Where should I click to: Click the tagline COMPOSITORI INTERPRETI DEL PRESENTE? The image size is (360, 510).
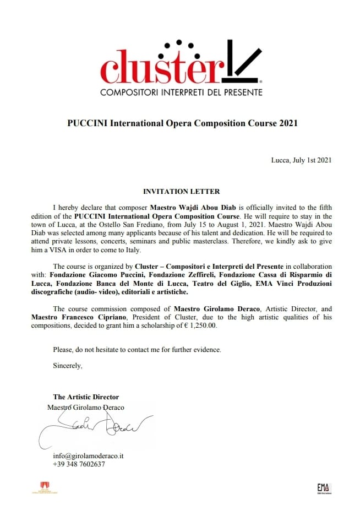[x=181, y=93]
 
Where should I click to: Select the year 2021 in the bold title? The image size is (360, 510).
[x=286, y=123]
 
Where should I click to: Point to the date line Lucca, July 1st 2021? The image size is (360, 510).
[x=301, y=160]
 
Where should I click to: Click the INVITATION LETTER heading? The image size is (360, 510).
[x=181, y=192]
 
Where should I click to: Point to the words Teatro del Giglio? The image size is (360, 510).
[x=236, y=284]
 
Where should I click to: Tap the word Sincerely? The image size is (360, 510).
[x=67, y=365]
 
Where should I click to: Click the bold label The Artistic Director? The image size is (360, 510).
[x=86, y=397]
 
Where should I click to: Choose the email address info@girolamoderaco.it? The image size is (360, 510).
[x=88, y=456]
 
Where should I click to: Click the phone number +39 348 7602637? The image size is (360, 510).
[x=79, y=464]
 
